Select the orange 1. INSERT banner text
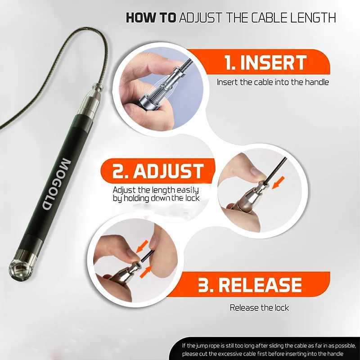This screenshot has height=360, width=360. pos(265,63)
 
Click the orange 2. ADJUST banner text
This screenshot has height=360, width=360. pos(152,171)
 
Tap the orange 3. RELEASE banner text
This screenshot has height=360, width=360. pos(250,285)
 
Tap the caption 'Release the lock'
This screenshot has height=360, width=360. pos(259,308)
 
